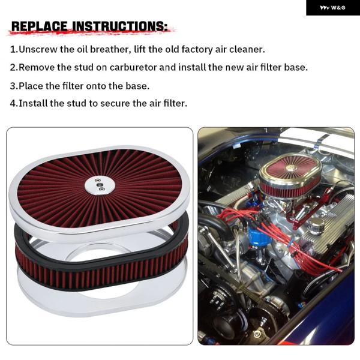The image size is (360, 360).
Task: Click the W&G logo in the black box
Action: pos(332,8)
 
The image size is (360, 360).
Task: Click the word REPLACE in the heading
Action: pos(40,26)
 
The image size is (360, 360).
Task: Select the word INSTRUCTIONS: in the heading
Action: pos(120,26)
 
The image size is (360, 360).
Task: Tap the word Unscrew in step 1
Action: pos(38,49)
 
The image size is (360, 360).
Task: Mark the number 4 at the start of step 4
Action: pos(13,104)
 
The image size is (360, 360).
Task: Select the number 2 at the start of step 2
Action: pos(13,67)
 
